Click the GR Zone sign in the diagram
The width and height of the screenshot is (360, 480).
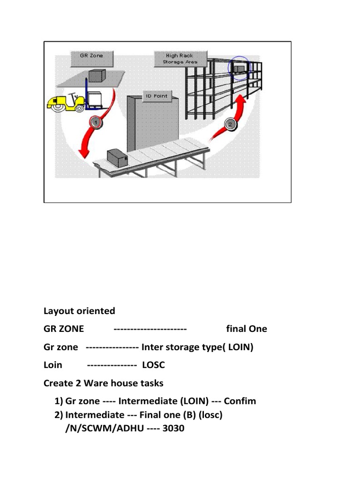tap(92, 59)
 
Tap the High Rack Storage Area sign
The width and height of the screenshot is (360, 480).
tap(180, 59)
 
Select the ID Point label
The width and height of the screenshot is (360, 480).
tap(157, 96)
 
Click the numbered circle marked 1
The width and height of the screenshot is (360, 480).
tap(96, 123)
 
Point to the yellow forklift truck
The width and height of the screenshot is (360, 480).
tap(66, 103)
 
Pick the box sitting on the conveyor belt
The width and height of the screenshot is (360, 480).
tap(117, 157)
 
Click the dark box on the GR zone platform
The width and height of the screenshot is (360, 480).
tap(97, 76)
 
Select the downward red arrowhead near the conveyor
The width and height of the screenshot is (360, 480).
tap(83, 153)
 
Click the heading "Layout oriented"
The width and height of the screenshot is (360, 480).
tap(79, 311)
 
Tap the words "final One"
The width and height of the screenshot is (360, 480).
tap(247, 329)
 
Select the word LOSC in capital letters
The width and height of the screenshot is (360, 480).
tap(153, 365)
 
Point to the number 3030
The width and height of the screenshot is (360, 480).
tap(173, 428)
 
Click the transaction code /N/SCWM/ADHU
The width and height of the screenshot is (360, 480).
tap(105, 428)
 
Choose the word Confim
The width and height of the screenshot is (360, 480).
tap(240, 401)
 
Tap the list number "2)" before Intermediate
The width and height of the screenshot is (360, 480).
tap(59, 415)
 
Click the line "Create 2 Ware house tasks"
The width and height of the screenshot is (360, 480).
tap(104, 383)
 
